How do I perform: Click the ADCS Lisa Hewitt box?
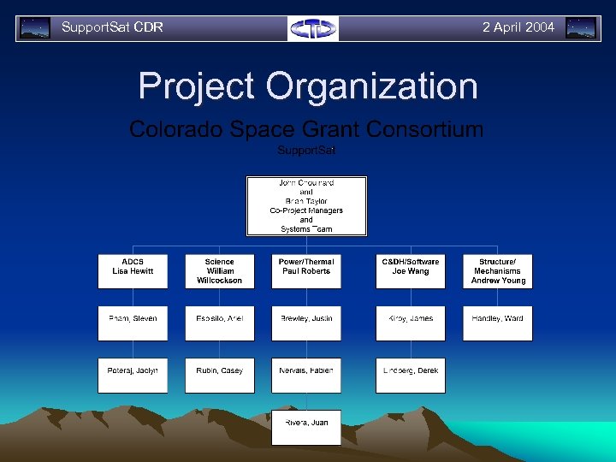pyautogui.click(x=133, y=271)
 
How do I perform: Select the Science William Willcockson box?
pyautogui.click(x=220, y=271)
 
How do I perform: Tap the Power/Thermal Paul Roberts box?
pyautogui.click(x=306, y=271)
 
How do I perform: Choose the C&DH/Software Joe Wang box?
pyautogui.click(x=410, y=271)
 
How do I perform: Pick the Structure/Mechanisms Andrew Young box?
pyautogui.click(x=498, y=271)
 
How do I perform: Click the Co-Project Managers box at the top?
pyautogui.click(x=306, y=206)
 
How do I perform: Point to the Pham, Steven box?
pyautogui.click(x=133, y=323)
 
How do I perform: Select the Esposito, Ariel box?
pyautogui.click(x=220, y=323)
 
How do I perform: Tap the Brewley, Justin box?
pyautogui.click(x=306, y=323)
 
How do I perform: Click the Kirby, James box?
pyautogui.click(x=410, y=323)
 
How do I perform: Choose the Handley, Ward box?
pyautogui.click(x=498, y=323)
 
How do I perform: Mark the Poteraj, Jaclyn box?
pyautogui.click(x=133, y=376)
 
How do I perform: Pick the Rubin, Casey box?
pyautogui.click(x=220, y=376)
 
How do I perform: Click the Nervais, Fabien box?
pyautogui.click(x=306, y=376)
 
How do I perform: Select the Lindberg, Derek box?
pyautogui.click(x=410, y=376)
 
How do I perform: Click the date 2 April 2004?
pyautogui.click(x=518, y=27)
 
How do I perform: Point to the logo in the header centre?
pyautogui.click(x=313, y=28)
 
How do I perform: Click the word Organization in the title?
pyautogui.click(x=371, y=86)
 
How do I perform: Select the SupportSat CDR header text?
pyautogui.click(x=112, y=27)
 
